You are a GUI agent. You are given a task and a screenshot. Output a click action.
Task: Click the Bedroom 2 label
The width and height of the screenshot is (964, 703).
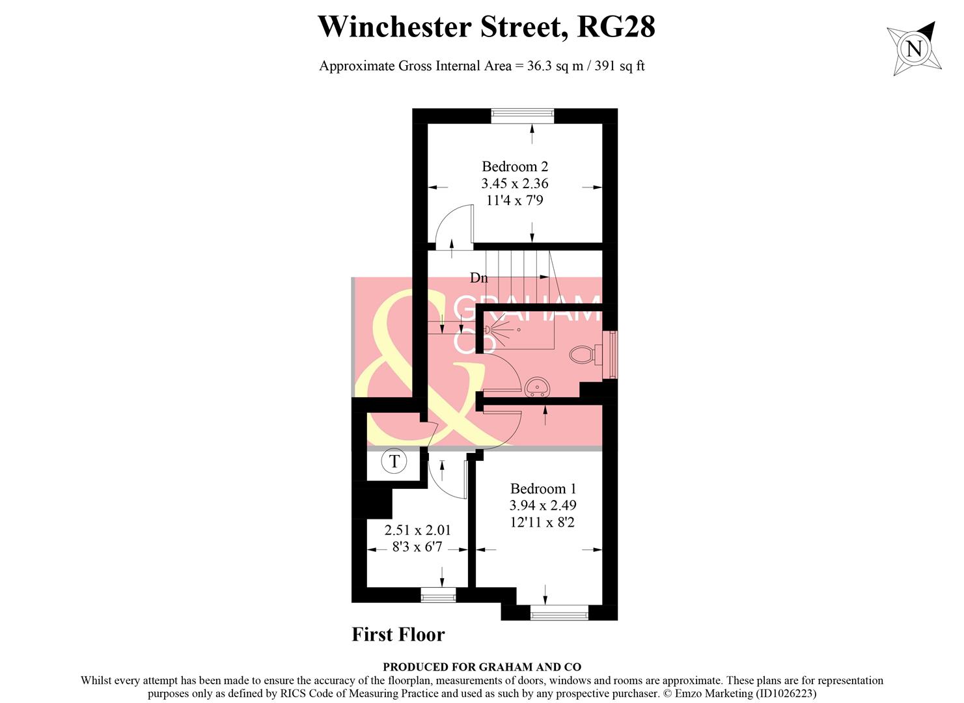pos(515,166)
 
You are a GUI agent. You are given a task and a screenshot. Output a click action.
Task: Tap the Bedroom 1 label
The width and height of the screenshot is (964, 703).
pos(543,488)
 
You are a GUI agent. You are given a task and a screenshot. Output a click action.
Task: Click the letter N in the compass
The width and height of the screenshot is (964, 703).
pos(915,49)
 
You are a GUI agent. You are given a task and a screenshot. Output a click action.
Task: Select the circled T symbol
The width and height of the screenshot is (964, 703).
pos(394,462)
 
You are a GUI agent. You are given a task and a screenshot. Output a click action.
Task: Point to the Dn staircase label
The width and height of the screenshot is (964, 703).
pos(479,278)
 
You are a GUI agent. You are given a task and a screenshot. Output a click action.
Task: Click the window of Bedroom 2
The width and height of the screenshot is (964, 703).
pos(522,116)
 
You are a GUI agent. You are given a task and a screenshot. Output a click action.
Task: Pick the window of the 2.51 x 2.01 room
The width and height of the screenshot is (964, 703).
pos(438,594)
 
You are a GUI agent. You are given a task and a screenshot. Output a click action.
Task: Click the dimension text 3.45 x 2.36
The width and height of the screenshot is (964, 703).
pos(515,184)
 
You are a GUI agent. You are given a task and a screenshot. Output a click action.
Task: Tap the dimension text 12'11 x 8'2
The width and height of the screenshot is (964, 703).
pos(543,522)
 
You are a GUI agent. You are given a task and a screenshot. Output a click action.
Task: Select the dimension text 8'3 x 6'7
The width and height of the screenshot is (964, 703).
pos(408,547)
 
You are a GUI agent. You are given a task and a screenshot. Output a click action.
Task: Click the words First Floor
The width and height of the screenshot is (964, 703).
pos(398,635)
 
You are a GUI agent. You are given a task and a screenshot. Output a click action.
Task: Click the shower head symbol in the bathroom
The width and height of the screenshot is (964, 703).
pos(488,331)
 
